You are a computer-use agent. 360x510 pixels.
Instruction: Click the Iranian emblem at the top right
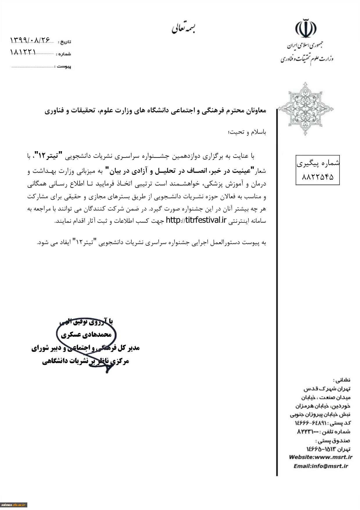(x=306, y=29)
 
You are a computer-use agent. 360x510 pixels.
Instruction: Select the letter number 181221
(x=23, y=52)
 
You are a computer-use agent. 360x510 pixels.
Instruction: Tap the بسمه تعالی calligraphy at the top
(x=183, y=28)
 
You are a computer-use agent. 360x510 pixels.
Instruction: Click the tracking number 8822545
(x=317, y=177)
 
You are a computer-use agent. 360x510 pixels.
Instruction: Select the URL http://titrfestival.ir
(x=196, y=220)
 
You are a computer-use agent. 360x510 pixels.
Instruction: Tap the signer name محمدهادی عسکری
(x=86, y=335)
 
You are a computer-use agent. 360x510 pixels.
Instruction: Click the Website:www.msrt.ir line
(x=320, y=457)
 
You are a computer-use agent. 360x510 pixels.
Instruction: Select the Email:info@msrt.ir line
(x=320, y=466)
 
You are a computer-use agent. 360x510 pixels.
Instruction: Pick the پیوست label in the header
(x=64, y=67)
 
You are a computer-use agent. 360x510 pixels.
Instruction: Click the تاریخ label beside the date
(x=64, y=42)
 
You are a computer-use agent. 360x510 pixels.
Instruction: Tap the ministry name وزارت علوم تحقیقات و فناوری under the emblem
(x=307, y=59)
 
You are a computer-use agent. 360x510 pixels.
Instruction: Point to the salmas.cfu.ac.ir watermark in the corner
(x=14, y=505)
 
